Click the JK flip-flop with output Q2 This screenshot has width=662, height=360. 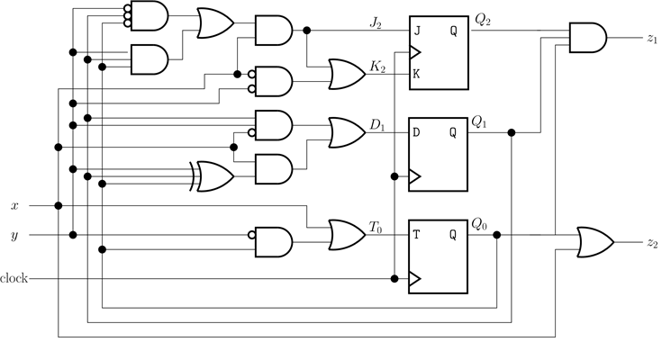pyautogui.click(x=439, y=52)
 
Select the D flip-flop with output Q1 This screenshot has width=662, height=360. pyautogui.click(x=439, y=155)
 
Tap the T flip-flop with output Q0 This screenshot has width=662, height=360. pyautogui.click(x=439, y=257)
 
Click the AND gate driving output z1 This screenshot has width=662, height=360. pyautogui.click(x=587, y=39)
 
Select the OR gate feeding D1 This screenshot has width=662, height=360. pyautogui.click(x=346, y=132)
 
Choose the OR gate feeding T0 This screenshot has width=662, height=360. pyautogui.click(x=346, y=235)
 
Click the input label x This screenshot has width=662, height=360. pyautogui.click(x=14, y=205)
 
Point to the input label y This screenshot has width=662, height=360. pyautogui.click(x=14, y=236)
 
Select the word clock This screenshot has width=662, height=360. pyautogui.click(x=14, y=278)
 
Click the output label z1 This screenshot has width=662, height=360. pyautogui.click(x=652, y=40)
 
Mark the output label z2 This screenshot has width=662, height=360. pyautogui.click(x=652, y=244)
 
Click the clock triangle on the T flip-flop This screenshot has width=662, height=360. pyautogui.click(x=415, y=279)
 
